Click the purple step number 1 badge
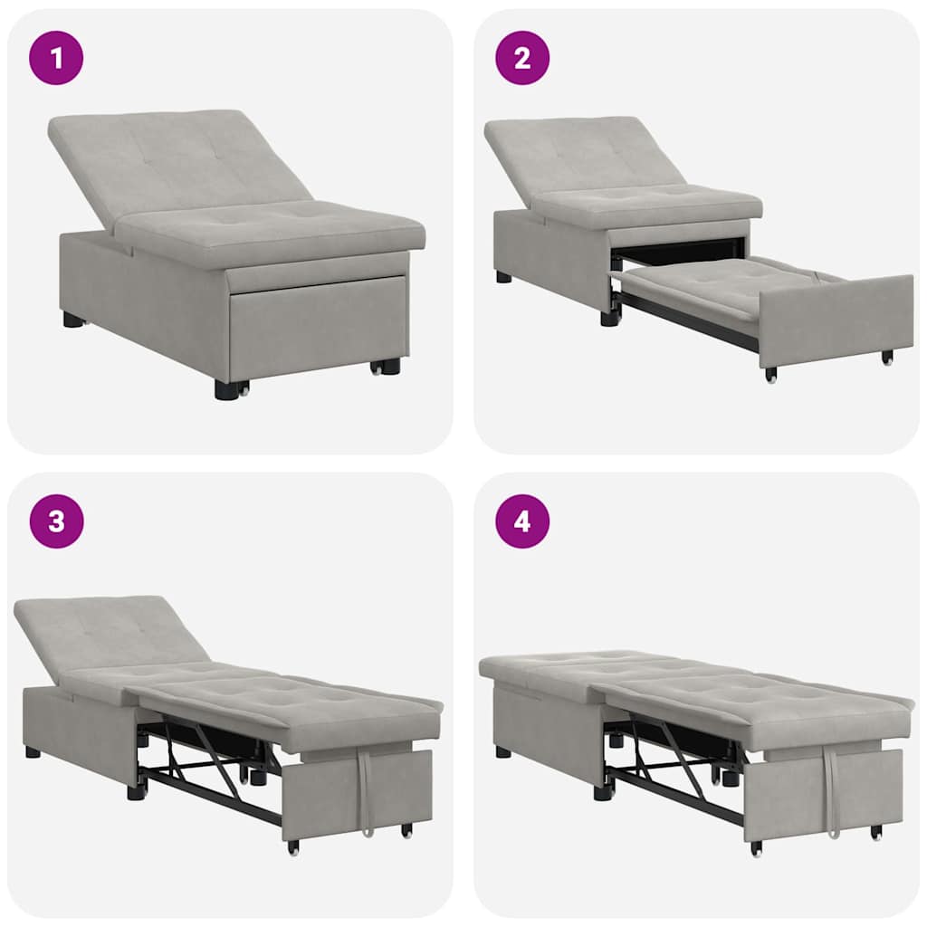[56, 58]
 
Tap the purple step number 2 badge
[522, 58]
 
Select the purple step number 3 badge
[56, 521]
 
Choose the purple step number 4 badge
[522, 521]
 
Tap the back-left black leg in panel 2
[503, 276]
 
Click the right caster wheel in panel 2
[887, 358]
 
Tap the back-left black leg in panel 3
[33, 751]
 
